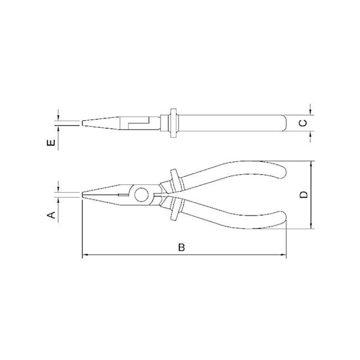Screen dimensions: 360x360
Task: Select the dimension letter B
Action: click(x=182, y=247)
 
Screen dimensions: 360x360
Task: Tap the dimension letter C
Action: click(x=303, y=123)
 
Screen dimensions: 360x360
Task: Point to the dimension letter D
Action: click(x=304, y=195)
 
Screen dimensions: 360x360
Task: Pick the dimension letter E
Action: click(x=51, y=142)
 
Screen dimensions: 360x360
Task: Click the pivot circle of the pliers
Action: click(x=141, y=195)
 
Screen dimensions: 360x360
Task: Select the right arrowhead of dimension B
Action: click(x=284, y=255)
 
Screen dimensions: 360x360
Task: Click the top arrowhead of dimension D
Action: click(x=311, y=164)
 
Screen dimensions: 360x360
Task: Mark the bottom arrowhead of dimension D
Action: click(x=311, y=225)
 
